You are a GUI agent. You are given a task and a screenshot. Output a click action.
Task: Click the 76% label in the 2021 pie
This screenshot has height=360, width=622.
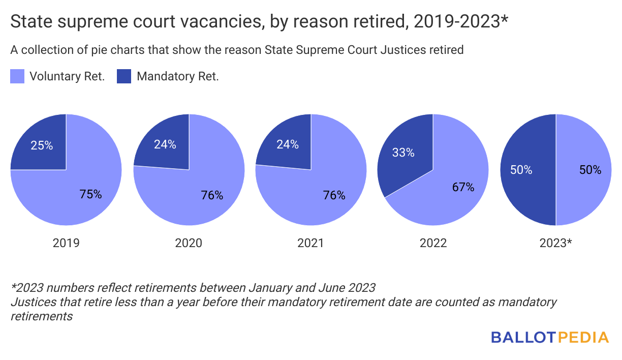click(x=334, y=195)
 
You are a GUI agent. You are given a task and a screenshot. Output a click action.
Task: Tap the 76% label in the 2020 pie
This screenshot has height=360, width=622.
click(x=212, y=195)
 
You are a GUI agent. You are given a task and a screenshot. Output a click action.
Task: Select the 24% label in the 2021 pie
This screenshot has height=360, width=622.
click(x=288, y=144)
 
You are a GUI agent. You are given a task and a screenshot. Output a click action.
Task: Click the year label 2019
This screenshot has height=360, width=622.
click(x=66, y=243)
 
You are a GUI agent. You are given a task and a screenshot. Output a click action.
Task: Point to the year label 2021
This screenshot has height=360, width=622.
click(x=310, y=243)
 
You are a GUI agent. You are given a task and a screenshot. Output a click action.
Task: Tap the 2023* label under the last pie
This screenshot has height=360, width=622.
click(x=555, y=243)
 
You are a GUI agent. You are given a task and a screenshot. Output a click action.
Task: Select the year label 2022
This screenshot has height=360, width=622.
click(x=433, y=243)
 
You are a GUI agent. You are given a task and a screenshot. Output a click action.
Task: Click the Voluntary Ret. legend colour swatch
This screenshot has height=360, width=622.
click(x=17, y=77)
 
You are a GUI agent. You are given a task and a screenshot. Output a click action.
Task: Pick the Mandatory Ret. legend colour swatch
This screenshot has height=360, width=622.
click(x=124, y=77)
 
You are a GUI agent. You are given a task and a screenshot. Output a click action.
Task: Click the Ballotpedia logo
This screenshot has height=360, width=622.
click(x=549, y=337)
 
